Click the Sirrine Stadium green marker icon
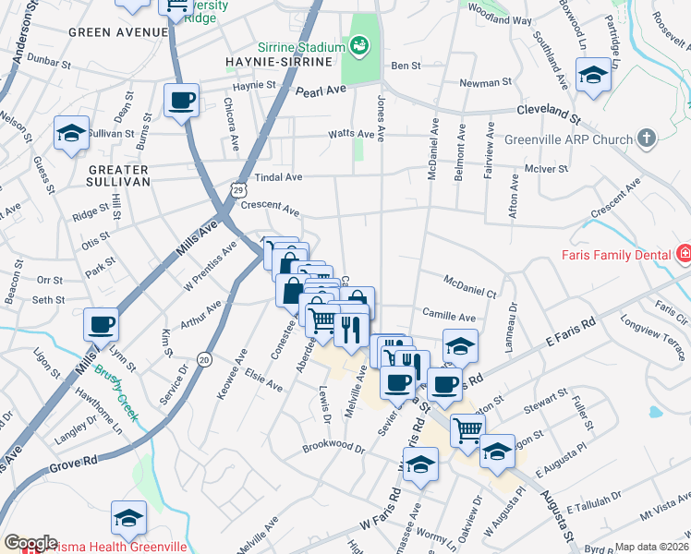pos(358,45)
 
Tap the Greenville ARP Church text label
pos(568,140)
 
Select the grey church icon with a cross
pos(647,139)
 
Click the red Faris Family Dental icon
pos(683,252)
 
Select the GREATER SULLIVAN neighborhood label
pos(119,175)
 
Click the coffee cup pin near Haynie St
pos(182,101)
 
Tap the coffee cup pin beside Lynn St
pos(101,325)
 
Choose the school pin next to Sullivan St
pos(71,134)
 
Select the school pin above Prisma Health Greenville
pos(128,518)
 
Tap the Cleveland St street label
pos(548,113)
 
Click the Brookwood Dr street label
pos(334,447)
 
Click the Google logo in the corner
pos(30,543)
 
